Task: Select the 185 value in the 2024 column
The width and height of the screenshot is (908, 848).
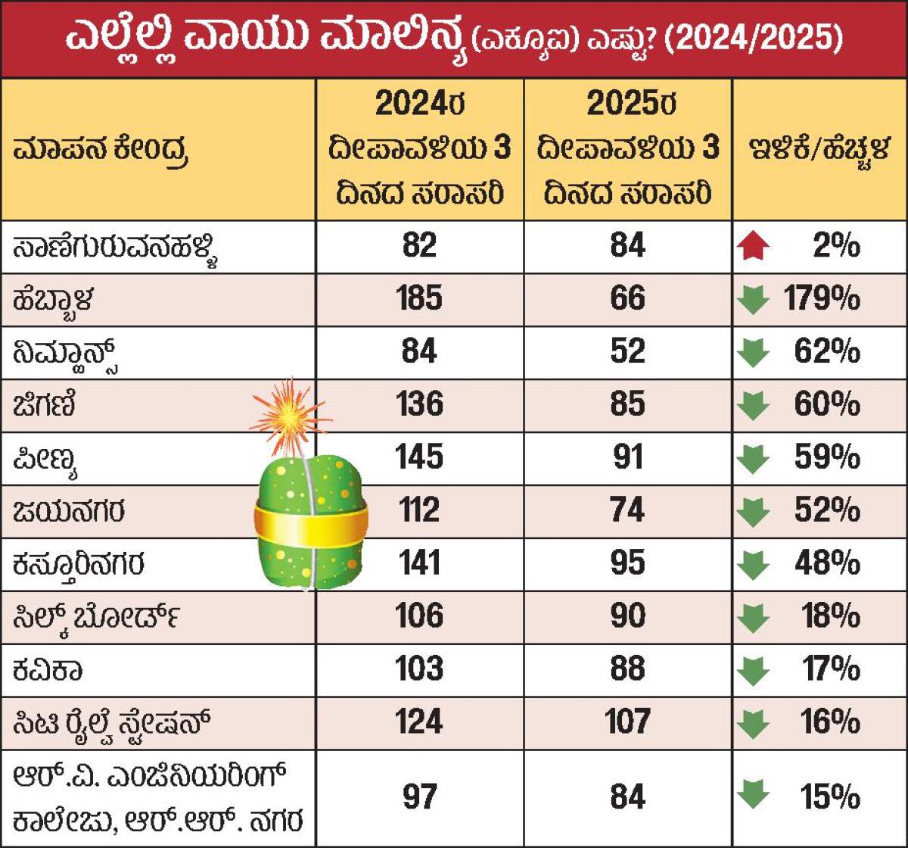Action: (419, 299)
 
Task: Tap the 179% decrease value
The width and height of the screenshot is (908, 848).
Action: (818, 300)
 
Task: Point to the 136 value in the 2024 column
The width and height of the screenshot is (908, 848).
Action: (419, 405)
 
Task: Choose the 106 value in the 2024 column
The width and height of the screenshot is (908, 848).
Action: (419, 617)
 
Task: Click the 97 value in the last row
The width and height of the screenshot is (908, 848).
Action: (419, 797)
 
